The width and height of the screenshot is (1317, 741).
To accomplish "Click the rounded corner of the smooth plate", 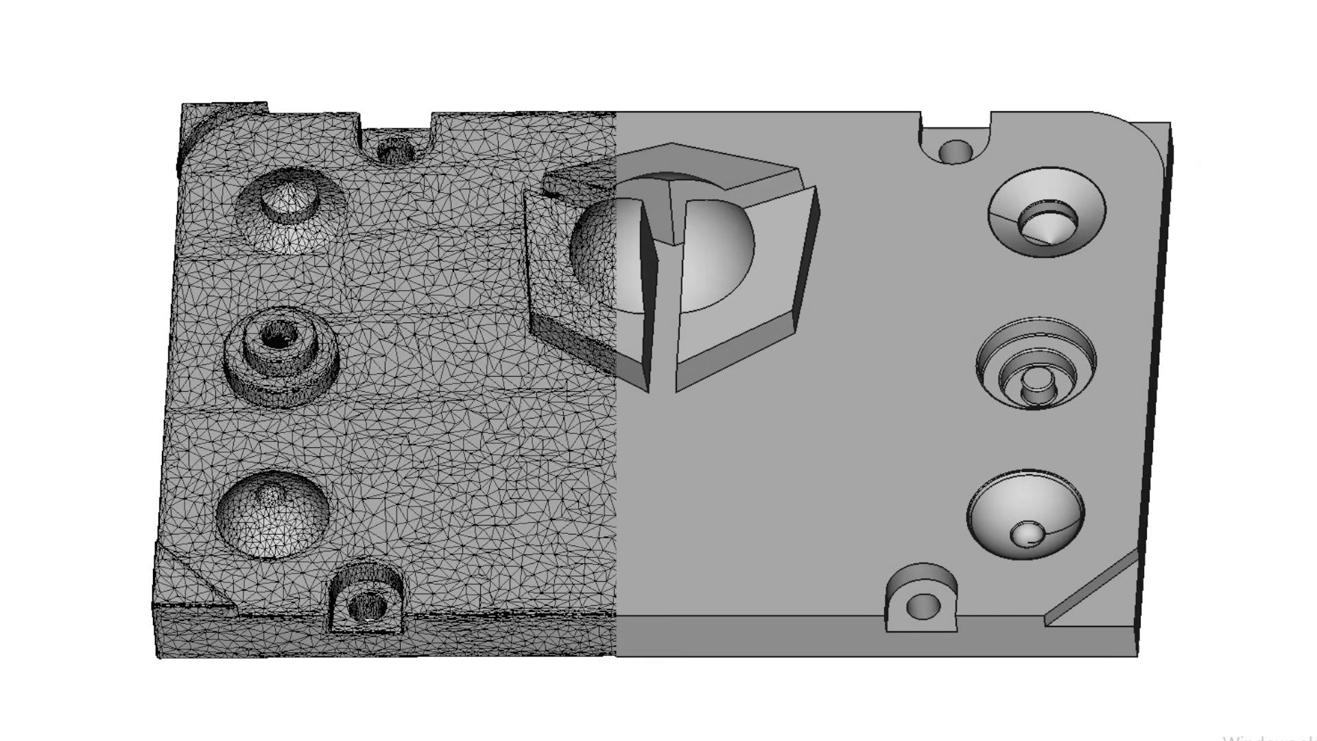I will [1139, 137].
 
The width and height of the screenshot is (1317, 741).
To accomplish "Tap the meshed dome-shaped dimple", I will [272, 515].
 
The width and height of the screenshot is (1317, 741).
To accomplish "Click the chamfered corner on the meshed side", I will [195, 580].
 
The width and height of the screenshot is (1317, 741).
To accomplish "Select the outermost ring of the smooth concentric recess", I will [1036, 328].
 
